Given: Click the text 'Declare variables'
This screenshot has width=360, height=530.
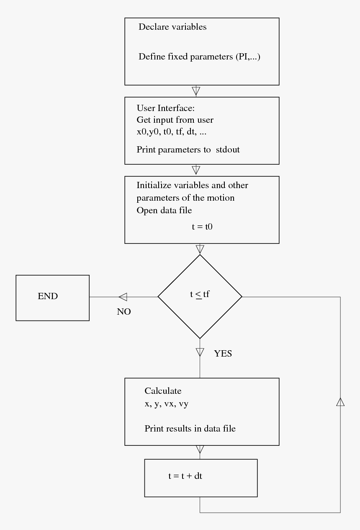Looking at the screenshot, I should [x=172, y=27].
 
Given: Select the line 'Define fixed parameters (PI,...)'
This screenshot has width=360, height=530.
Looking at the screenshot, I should [x=199, y=57].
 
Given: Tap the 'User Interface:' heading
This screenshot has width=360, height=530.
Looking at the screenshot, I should [x=165, y=108].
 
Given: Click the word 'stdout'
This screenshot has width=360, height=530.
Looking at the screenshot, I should [x=228, y=150].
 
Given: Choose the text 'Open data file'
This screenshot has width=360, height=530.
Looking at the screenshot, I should [x=164, y=210].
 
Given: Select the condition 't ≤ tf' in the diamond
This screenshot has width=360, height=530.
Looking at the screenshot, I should [x=200, y=295].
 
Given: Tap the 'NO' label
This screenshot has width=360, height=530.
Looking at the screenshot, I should [x=124, y=312].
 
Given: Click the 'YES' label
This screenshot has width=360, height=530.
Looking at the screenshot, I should [x=223, y=354].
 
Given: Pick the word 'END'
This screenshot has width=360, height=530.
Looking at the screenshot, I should [x=48, y=296].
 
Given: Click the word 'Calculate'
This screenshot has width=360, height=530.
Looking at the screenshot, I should [x=163, y=391].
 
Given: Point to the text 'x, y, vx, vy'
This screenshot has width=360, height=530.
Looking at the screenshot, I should [x=166, y=405].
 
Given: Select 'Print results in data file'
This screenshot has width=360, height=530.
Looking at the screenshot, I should [x=190, y=429].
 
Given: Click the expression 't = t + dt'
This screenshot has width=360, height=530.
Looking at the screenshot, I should [x=185, y=476].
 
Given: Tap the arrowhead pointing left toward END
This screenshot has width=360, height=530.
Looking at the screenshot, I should [x=123, y=297].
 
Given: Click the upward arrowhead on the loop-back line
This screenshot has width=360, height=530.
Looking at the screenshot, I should [x=340, y=402].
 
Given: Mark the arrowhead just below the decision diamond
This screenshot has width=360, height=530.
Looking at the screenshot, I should [x=200, y=351].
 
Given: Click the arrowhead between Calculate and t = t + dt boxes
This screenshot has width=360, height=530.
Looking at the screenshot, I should [x=200, y=450].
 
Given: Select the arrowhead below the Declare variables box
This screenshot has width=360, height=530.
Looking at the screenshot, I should [x=195, y=90].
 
